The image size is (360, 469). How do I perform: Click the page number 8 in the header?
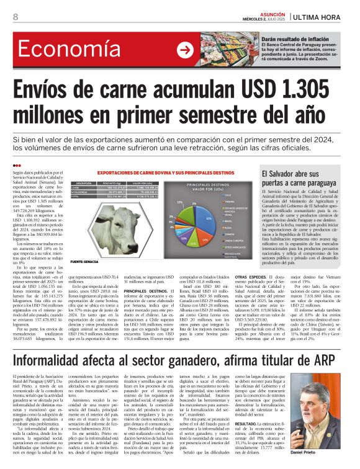[15, 17]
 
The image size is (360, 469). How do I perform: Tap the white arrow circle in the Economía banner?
[184, 51]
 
